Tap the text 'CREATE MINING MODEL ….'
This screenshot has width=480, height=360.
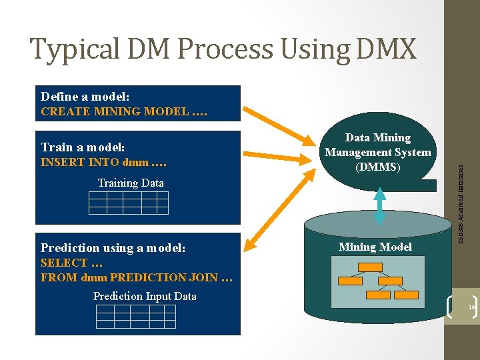[124, 111]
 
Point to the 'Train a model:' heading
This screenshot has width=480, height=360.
[83, 147]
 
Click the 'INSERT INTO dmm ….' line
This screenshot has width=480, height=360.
[103, 162]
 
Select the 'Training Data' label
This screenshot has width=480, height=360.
[130, 183]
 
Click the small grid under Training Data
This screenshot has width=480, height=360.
[128, 203]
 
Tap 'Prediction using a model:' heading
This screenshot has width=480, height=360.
[113, 248]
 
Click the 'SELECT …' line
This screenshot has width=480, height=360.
[67, 263]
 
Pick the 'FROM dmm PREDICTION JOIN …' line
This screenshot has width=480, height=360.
[136, 277]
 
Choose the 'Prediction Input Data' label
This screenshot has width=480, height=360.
[145, 296]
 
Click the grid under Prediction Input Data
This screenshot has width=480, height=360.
[135, 316]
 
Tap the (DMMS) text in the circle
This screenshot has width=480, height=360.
[377, 167]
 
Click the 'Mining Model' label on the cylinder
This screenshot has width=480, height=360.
[375, 247]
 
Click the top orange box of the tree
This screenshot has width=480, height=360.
[370, 267]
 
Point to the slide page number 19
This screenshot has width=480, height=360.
[471, 307]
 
